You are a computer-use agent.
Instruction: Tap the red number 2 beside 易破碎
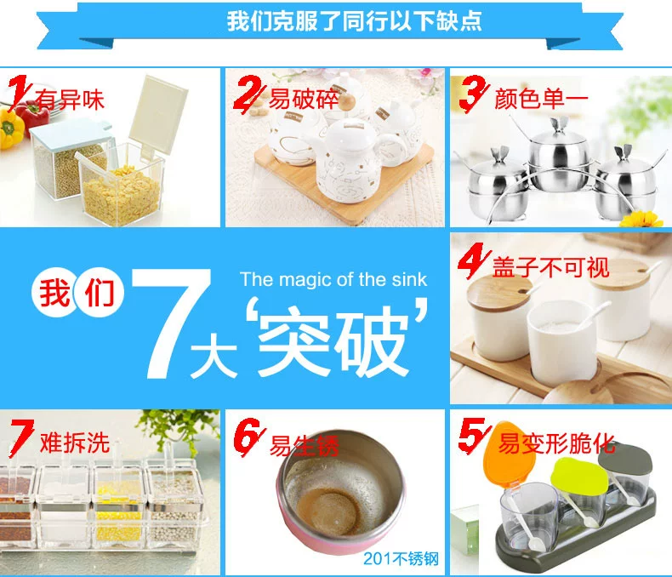click(x=248, y=93)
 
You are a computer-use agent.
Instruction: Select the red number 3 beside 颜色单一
click(x=473, y=93)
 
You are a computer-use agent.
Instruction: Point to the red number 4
click(x=473, y=260)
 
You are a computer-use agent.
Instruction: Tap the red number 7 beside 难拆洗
click(x=22, y=437)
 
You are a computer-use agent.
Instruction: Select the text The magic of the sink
click(x=333, y=279)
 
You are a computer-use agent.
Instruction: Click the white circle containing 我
click(x=54, y=293)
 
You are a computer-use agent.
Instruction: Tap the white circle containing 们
click(x=100, y=293)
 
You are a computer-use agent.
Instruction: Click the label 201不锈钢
click(x=401, y=558)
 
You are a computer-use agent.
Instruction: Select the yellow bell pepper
click(x=9, y=129)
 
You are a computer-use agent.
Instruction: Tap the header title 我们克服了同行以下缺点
click(x=354, y=20)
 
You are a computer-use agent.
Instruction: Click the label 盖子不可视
click(x=550, y=267)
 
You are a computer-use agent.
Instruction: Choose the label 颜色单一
click(x=541, y=99)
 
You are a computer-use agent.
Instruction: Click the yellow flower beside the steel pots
click(x=641, y=219)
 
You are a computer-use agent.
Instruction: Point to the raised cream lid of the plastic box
click(x=158, y=113)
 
